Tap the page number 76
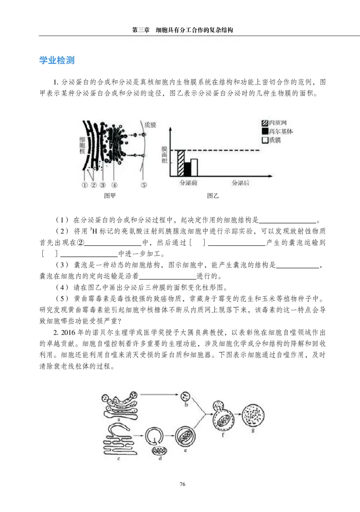pyautogui.click(x=182, y=484)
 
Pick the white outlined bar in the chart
pyautogui.click(x=194, y=166)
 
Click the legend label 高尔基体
pyautogui.click(x=281, y=131)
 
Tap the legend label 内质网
pyautogui.click(x=278, y=123)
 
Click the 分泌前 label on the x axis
pyautogui.click(x=188, y=183)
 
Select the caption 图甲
pyautogui.click(x=110, y=196)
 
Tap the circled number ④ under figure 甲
pyautogui.click(x=114, y=184)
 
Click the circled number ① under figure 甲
pyautogui.click(x=84, y=184)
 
